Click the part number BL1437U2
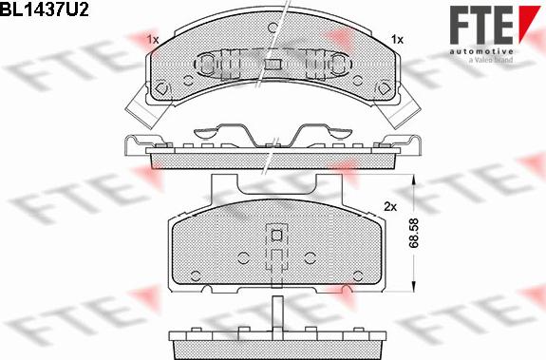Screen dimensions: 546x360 pos(45,9)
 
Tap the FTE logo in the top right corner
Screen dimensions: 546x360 pos(495,25)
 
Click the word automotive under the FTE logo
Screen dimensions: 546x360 pos(481,51)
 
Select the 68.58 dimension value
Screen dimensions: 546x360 pos(414,234)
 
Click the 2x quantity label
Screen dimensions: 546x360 pos(390,207)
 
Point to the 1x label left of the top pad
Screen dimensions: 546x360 pos(152,40)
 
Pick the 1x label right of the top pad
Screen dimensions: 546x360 pos(397,40)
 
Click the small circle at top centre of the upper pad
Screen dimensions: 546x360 pos(273,28)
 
